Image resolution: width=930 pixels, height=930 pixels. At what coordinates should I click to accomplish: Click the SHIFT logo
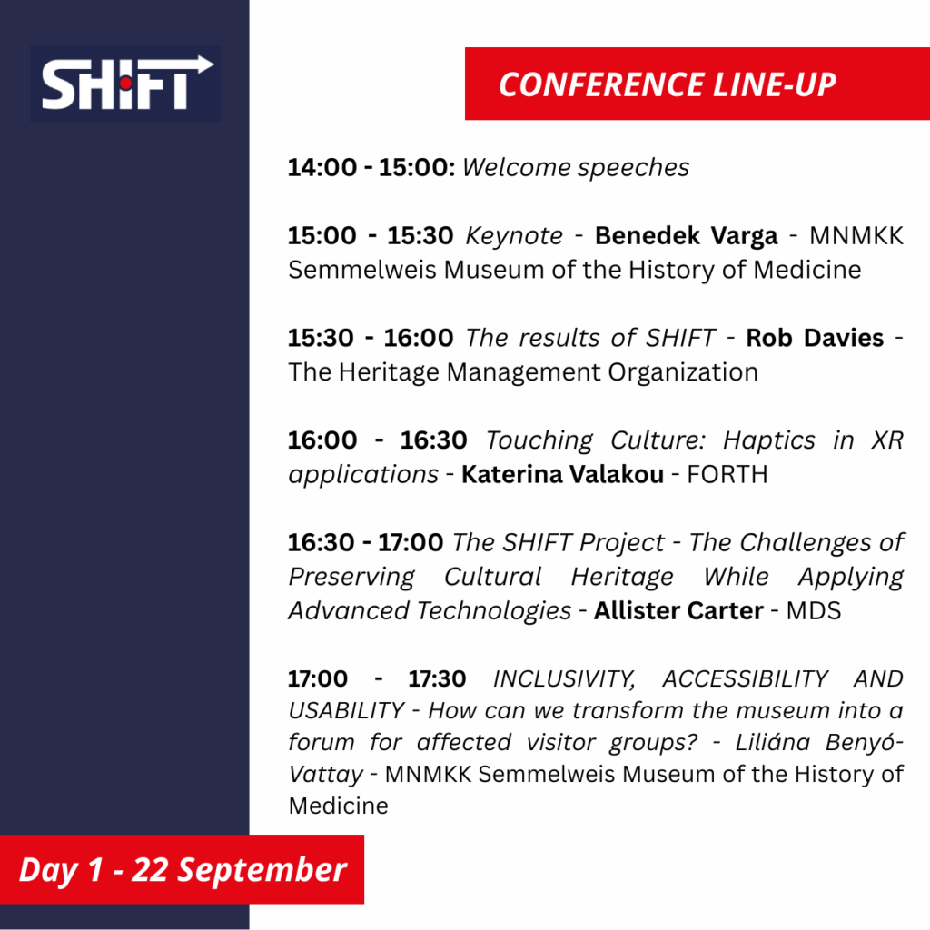pyautogui.click(x=125, y=84)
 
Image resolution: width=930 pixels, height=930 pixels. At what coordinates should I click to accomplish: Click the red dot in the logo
pyautogui.click(x=125, y=84)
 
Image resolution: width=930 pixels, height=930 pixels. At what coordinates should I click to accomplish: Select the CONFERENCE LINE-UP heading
pyautogui.click(x=668, y=84)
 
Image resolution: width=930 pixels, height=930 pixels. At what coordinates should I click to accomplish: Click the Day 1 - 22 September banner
pyautogui.click(x=182, y=869)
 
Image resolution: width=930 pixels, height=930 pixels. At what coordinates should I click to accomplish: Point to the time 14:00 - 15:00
pyautogui.click(x=371, y=167)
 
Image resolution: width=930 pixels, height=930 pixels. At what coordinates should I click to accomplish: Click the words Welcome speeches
pyautogui.click(x=576, y=168)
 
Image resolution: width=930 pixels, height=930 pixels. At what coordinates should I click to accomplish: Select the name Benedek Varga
pyautogui.click(x=687, y=236)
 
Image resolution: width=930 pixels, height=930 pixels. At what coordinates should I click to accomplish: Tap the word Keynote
pyautogui.click(x=514, y=236)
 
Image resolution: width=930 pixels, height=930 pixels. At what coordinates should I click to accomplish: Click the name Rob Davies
pyautogui.click(x=815, y=338)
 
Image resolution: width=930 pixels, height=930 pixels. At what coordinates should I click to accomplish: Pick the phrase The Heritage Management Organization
pyautogui.click(x=523, y=372)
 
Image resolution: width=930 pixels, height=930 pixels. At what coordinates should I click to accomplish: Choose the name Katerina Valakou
pyautogui.click(x=562, y=474)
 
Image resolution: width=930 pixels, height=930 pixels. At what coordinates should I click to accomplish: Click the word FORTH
pyautogui.click(x=727, y=474)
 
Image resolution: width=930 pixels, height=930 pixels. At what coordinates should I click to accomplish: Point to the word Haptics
pyautogui.click(x=769, y=441)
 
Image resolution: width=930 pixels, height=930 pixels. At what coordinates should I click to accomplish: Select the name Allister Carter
pyautogui.click(x=678, y=611)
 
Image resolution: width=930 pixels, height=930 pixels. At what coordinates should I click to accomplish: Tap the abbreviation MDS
pyautogui.click(x=814, y=611)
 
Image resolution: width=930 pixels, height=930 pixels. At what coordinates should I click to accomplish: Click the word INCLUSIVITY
pyautogui.click(x=564, y=679)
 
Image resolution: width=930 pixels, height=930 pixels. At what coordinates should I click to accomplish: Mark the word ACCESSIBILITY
pyautogui.click(x=745, y=678)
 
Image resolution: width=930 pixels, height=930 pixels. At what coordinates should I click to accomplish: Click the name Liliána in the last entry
pyautogui.click(x=772, y=742)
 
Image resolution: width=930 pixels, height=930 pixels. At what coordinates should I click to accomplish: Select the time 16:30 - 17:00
pyautogui.click(x=365, y=543)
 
